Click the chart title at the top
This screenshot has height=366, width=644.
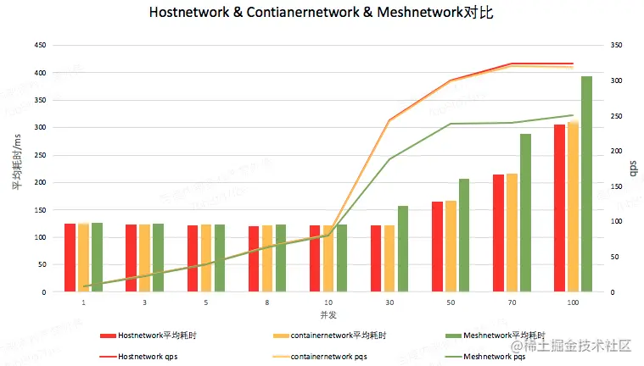pos(322,14)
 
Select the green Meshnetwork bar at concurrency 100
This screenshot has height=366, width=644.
pos(586,184)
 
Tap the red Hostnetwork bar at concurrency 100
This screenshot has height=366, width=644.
pos(559,208)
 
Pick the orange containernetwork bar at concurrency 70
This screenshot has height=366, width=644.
pos(512,233)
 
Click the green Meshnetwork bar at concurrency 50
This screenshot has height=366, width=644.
pos(464,236)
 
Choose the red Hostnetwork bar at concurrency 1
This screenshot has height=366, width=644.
pos(70,258)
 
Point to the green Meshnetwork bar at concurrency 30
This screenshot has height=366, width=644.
pos(403,249)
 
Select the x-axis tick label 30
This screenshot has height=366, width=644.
pos(389,302)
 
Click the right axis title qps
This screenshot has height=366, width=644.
pos(633,169)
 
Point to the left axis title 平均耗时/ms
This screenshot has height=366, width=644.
pos(15,160)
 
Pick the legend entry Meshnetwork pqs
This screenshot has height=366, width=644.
pos(495,357)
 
